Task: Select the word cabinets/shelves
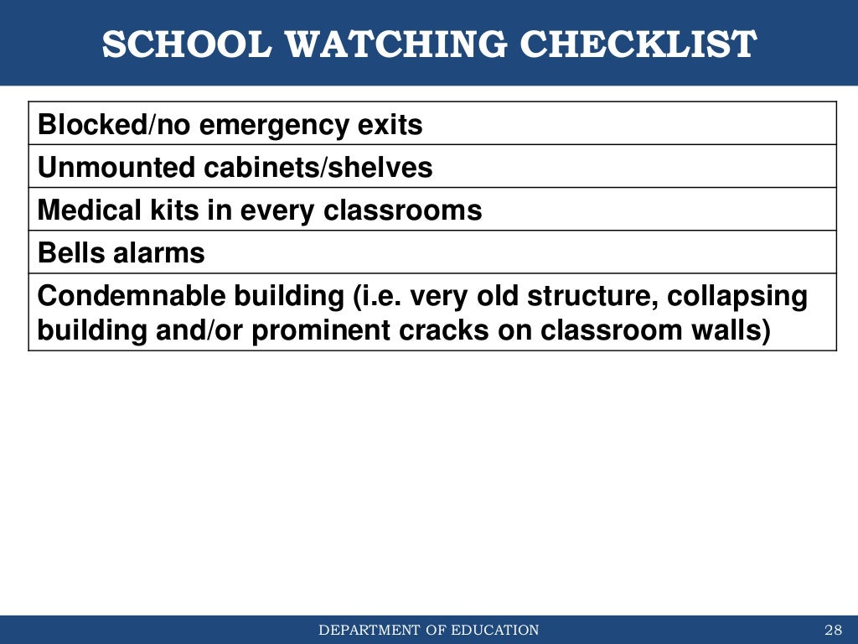click(319, 168)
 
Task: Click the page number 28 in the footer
click(832, 631)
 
